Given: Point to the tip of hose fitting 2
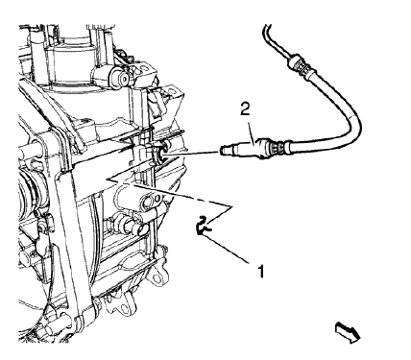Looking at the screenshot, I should click(225, 148).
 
